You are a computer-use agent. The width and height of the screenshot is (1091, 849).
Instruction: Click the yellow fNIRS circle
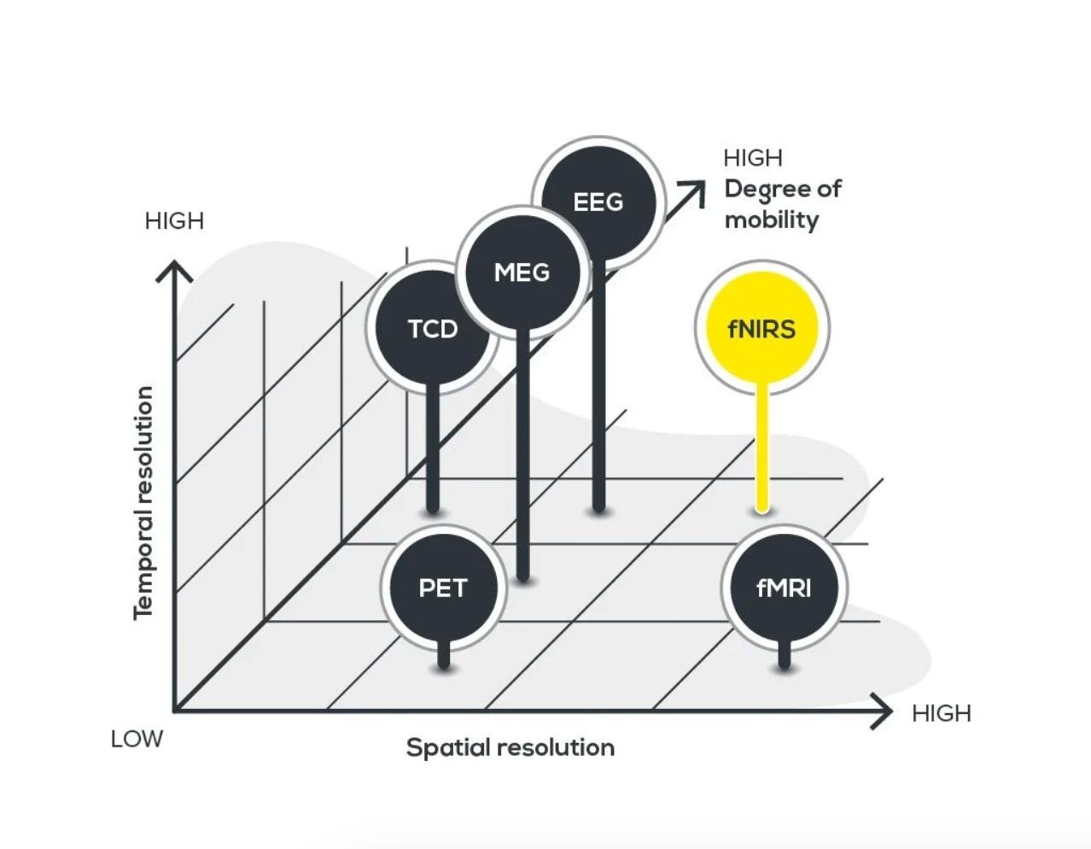click(761, 328)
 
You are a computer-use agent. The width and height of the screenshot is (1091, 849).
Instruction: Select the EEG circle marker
click(598, 202)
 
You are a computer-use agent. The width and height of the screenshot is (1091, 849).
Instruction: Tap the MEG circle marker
click(522, 272)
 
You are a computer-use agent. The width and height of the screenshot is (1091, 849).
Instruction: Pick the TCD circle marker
click(432, 328)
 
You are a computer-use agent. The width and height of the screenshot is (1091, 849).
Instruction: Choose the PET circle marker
click(443, 588)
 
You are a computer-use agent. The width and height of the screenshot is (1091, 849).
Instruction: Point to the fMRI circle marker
click(784, 588)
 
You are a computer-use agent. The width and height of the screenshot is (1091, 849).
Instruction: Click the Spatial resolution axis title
click(510, 747)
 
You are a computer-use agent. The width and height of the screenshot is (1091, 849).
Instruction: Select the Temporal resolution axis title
click(143, 502)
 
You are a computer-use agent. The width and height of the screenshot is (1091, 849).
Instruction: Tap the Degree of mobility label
click(782, 204)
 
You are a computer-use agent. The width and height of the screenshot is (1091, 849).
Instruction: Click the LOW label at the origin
click(137, 739)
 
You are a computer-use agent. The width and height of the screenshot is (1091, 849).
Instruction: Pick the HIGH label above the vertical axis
click(174, 220)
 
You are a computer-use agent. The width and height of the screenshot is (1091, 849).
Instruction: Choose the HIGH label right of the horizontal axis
click(941, 713)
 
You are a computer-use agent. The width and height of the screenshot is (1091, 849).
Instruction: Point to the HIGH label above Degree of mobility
click(752, 158)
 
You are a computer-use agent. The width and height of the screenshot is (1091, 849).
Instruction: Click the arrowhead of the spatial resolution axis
click(884, 711)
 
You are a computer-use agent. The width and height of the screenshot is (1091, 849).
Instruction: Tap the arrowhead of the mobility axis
click(697, 190)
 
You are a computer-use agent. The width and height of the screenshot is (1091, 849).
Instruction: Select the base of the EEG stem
click(598, 506)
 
